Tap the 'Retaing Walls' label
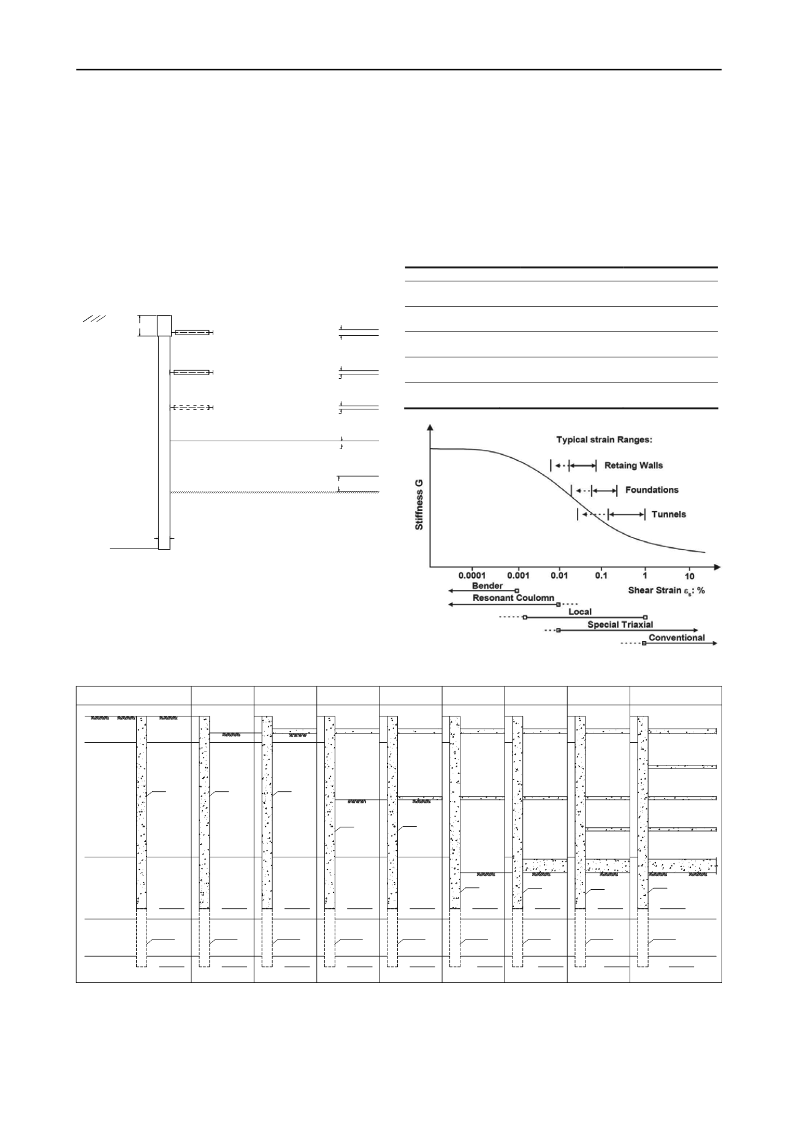[x=633, y=465]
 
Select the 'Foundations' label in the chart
[x=652, y=490]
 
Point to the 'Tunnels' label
[x=669, y=514]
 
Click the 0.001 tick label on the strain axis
[x=519, y=576]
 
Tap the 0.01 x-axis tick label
[x=559, y=576]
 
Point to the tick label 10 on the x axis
[x=690, y=576]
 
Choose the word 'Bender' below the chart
[x=487, y=586]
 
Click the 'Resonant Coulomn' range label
[x=514, y=598]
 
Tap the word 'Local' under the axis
[x=580, y=612]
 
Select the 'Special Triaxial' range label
[x=620, y=624]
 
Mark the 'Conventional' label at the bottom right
[x=677, y=637]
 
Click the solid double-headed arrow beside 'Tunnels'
[x=627, y=514]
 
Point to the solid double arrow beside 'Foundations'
[x=604, y=490]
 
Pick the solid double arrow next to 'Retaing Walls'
[x=582, y=466]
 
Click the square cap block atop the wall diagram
[x=164, y=325]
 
